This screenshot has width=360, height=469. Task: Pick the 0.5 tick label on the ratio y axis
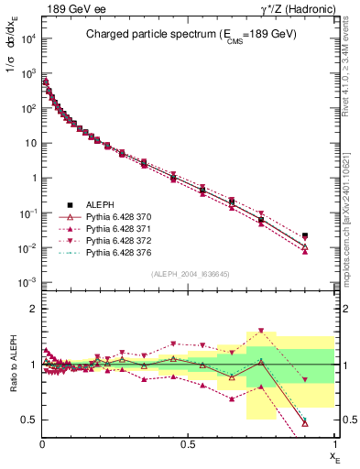click(27, 420)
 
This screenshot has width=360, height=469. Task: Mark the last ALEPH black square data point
click(305, 235)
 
